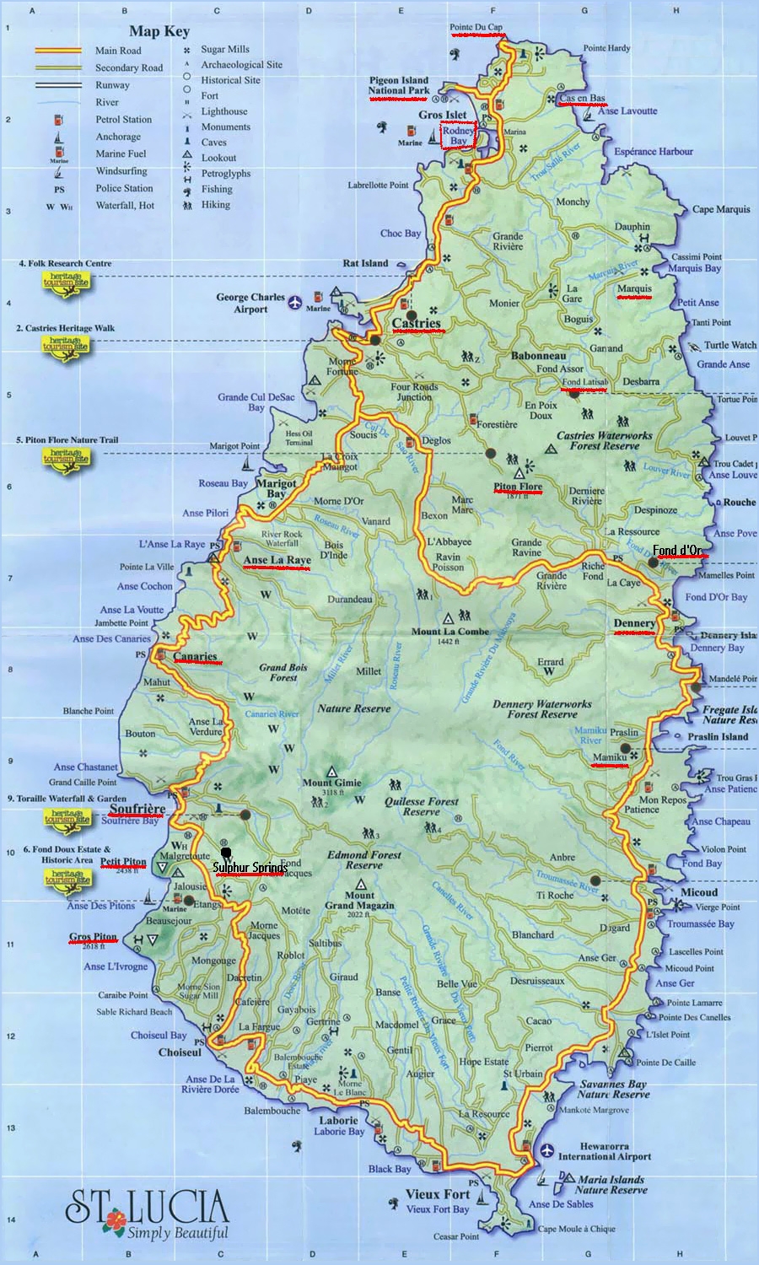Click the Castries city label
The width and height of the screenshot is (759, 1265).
[x=417, y=323]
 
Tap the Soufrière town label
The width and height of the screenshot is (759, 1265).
[x=137, y=809]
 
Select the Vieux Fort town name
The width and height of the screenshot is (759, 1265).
[x=438, y=1194]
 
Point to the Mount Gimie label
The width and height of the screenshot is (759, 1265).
[x=331, y=783]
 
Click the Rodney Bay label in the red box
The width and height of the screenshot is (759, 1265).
[x=458, y=136]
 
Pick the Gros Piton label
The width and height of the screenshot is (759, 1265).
[x=93, y=937]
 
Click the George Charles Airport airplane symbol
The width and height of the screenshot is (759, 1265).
[x=294, y=302]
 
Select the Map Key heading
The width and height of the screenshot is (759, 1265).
[x=159, y=31]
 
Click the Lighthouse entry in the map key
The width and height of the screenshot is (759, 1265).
[x=224, y=111]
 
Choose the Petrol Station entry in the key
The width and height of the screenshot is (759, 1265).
[x=123, y=120]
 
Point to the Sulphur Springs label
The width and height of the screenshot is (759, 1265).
[x=249, y=868]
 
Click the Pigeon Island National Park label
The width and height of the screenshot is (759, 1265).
[x=399, y=85]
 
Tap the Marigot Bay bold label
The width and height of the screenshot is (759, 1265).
[x=276, y=488]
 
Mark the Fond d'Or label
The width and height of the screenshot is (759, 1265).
[x=677, y=551]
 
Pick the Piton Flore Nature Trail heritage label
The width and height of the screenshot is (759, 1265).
[x=67, y=440]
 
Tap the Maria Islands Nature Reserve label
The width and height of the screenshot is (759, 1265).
[x=611, y=1185]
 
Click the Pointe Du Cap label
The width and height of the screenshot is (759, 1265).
[x=476, y=27]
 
